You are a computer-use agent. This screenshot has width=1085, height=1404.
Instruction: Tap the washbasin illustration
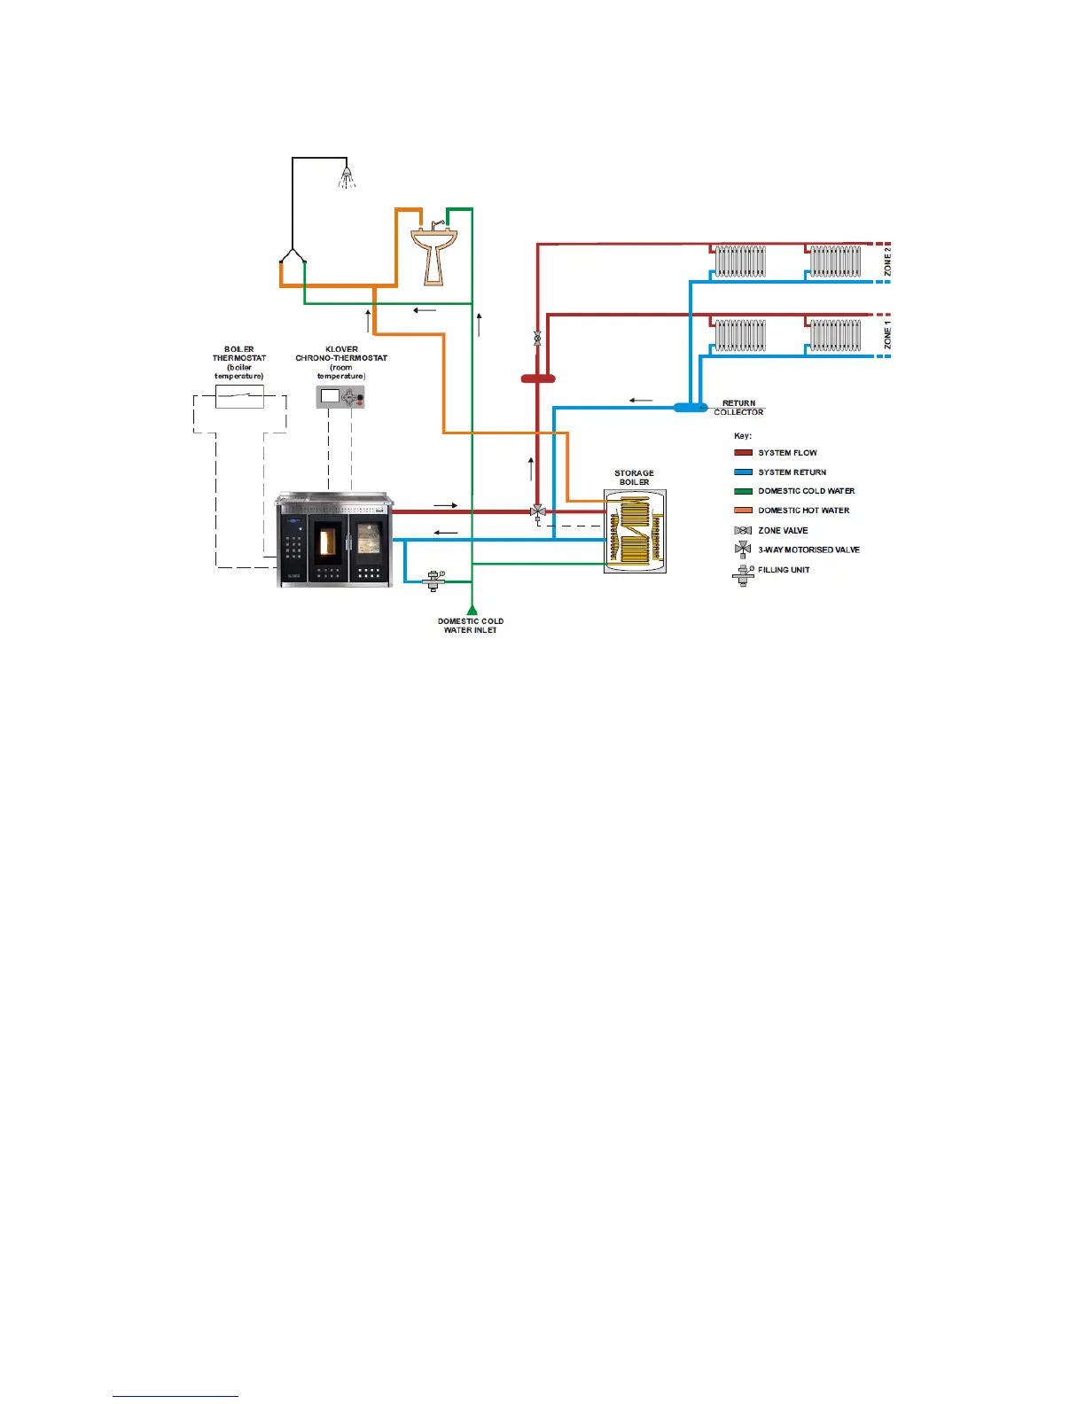click(433, 253)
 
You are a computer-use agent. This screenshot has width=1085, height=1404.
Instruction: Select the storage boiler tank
click(635, 532)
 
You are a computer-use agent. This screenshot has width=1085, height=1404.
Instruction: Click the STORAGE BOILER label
click(634, 478)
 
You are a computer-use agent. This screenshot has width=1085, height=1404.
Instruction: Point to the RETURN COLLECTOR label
click(738, 408)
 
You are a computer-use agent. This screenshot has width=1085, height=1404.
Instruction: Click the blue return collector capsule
click(691, 408)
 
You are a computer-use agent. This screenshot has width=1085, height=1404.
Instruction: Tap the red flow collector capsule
click(538, 378)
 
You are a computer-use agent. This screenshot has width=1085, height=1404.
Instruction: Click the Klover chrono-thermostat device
click(341, 396)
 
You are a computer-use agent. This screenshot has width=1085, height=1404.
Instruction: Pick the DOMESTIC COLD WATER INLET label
click(471, 626)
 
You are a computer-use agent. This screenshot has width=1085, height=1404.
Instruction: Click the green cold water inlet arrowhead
click(472, 609)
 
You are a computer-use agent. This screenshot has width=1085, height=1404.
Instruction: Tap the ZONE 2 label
click(887, 261)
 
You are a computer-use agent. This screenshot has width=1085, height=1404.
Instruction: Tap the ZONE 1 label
click(887, 337)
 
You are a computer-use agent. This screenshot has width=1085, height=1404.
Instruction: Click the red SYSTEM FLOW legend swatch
click(743, 453)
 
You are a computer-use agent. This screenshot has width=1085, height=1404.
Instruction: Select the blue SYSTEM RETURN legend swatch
click(743, 472)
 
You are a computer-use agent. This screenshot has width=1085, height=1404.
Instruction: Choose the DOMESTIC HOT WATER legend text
click(803, 511)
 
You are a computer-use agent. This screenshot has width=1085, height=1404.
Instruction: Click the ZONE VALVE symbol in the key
click(743, 531)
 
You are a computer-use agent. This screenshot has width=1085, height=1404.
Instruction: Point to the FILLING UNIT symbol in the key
click(743, 574)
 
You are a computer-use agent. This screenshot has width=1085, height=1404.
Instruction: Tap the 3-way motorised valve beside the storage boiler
click(537, 512)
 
